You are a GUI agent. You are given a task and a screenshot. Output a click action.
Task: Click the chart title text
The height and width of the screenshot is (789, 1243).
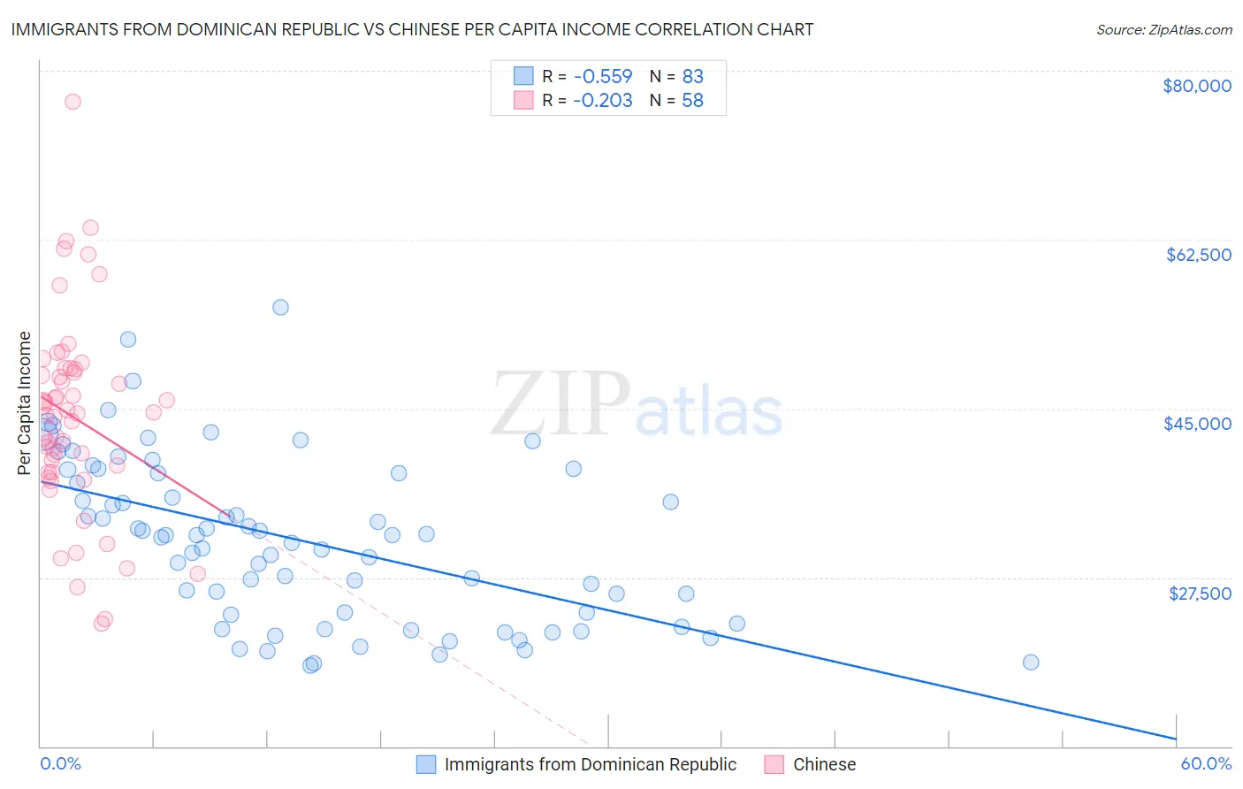point(412,29)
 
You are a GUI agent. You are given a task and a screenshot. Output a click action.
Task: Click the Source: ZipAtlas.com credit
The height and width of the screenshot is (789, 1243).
point(1163,29)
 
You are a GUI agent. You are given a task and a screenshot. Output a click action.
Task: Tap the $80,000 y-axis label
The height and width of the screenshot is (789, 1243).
point(1197,86)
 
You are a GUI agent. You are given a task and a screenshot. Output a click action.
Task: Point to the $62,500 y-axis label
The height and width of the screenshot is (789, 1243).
point(1199,255)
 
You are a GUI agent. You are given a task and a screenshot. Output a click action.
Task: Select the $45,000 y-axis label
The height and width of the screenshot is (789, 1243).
point(1198,424)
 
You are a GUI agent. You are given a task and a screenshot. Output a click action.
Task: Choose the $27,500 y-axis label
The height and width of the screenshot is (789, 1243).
point(1200,593)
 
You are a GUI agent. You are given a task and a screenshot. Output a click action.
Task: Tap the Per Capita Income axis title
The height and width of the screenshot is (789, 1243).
point(25,403)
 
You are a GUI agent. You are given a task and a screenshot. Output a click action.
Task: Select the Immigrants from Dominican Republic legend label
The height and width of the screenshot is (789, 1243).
point(590,765)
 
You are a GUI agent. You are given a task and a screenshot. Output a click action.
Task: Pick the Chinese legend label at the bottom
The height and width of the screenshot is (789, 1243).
point(824,765)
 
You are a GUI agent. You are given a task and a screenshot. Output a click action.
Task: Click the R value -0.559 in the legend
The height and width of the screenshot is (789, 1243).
point(602,76)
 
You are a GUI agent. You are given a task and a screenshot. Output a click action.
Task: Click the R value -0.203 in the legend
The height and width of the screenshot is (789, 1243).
point(602,101)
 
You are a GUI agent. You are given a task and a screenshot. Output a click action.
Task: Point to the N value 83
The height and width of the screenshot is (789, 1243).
point(692,76)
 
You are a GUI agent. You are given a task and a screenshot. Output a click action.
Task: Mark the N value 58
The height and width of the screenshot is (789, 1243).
point(692,101)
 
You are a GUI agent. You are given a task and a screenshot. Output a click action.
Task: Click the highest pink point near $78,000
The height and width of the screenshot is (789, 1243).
point(72,102)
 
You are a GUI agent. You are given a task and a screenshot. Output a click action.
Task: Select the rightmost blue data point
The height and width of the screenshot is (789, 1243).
point(1030,663)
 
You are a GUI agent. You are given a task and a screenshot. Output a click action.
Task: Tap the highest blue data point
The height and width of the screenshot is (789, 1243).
point(280,308)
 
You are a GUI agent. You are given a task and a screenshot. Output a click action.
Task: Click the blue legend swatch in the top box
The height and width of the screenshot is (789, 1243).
point(523,76)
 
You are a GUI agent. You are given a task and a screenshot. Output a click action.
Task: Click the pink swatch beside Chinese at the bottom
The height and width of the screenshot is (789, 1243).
point(774,765)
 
